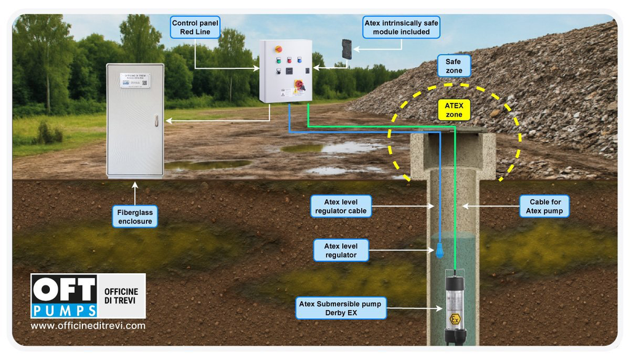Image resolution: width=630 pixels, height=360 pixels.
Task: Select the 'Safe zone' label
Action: point(453,66)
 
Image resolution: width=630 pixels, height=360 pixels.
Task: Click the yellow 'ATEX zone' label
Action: point(453,110)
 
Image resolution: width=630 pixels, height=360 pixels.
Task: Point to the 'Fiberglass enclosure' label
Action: point(135,217)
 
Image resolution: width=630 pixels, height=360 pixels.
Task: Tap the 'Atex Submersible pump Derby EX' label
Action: point(341,308)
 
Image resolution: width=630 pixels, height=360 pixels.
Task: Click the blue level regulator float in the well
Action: point(440,251)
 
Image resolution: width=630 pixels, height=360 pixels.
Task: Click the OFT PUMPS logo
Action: point(65,296)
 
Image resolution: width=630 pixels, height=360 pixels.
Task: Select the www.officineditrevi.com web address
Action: point(88,326)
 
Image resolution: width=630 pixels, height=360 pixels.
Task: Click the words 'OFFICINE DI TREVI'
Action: point(121,295)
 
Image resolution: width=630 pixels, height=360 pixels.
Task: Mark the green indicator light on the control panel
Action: point(279,60)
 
